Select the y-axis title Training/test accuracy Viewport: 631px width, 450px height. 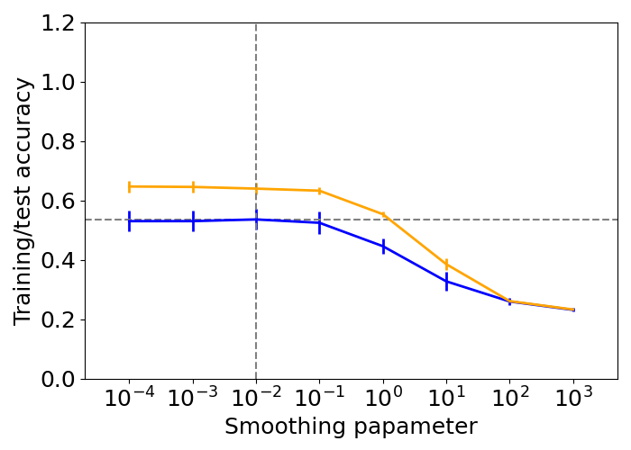tap(23, 201)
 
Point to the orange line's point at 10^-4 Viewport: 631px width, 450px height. tap(130, 186)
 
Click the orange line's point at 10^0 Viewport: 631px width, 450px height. tap(383, 215)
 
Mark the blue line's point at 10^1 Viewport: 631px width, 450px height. tap(446, 282)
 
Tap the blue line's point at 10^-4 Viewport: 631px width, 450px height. tap(130, 221)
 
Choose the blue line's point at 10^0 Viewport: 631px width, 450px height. tap(383, 246)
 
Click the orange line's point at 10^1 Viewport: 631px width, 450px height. tap(446, 265)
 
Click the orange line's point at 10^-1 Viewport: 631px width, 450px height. tap(320, 191)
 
